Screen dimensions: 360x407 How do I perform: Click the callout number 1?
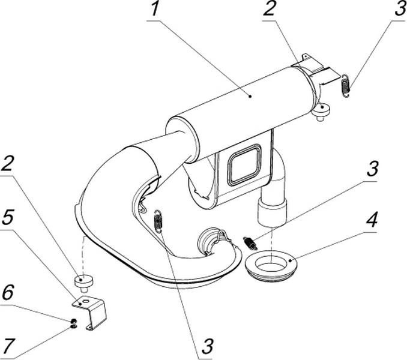tap(155, 11)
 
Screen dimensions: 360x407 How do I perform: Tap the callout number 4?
tap(372, 220)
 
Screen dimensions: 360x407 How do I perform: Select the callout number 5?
tap(8, 217)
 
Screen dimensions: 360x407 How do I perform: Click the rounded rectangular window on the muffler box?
tap(244, 165)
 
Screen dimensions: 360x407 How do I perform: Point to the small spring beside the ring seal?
tap(249, 242)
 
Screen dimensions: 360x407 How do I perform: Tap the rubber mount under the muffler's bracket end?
tap(321, 111)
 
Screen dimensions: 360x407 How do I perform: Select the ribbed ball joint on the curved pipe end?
tap(211, 241)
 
